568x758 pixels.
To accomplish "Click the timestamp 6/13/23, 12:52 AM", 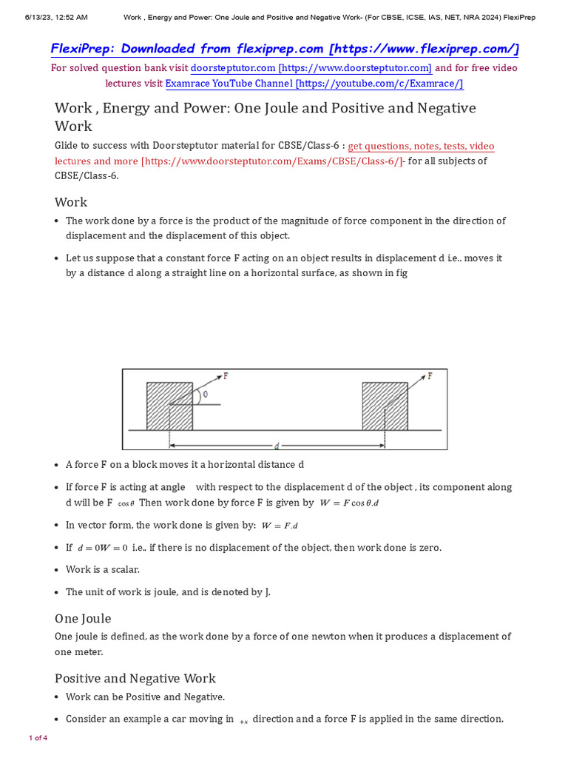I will pyautogui.click(x=46, y=16).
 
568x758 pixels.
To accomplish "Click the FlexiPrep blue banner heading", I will pyautogui.click(x=284, y=49).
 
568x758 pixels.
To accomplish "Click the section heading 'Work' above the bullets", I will pyautogui.click(x=71, y=202).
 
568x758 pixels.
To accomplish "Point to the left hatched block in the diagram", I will pyautogui.click(x=169, y=406).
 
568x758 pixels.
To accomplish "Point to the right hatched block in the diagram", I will pyautogui.click(x=385, y=406).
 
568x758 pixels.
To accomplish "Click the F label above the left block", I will pyautogui.click(x=226, y=376).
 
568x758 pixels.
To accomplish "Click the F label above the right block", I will pyautogui.click(x=430, y=376).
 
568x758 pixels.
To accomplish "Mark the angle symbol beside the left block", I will pyautogui.click(x=205, y=395).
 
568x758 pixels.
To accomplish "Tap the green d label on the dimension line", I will pyautogui.click(x=276, y=446).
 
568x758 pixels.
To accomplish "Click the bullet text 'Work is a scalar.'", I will pyautogui.click(x=103, y=570).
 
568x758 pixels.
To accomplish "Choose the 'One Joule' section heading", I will pyautogui.click(x=83, y=618).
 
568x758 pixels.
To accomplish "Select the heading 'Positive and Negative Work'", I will pyautogui.click(x=135, y=678).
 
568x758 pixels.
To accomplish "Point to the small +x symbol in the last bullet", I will pyautogui.click(x=243, y=720).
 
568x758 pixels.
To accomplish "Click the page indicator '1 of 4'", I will pyautogui.click(x=38, y=738).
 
